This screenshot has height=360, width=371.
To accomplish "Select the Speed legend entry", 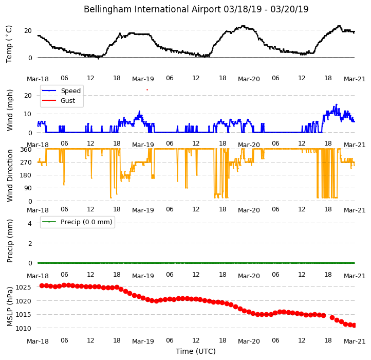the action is (61, 91).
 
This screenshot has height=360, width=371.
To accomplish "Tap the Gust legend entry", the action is (59, 101).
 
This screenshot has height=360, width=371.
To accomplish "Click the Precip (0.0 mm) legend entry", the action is (77, 222).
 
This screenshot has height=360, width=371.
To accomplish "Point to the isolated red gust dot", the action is (147, 90).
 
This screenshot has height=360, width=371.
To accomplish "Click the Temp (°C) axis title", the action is (9, 44).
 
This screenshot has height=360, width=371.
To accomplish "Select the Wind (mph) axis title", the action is (10, 110).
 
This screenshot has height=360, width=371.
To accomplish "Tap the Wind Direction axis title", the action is (10, 175).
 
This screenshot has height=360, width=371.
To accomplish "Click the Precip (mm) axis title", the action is (10, 241).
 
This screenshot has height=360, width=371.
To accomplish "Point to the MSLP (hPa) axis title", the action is (10, 307).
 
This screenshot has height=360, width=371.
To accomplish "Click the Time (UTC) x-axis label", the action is (196, 351).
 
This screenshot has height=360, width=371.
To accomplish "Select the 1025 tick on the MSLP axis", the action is (23, 287).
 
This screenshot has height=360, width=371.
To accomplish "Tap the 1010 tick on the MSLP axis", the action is (23, 329).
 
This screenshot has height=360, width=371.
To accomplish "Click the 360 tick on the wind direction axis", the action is (26, 150).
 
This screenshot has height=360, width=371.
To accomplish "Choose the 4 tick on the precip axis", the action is (30, 223).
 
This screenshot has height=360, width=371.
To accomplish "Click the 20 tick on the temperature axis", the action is (28, 31).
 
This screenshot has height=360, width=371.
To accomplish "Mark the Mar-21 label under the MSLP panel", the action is (355, 341).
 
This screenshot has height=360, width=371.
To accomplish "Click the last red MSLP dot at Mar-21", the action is (354, 326).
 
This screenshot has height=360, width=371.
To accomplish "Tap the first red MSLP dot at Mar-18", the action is (42, 286).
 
